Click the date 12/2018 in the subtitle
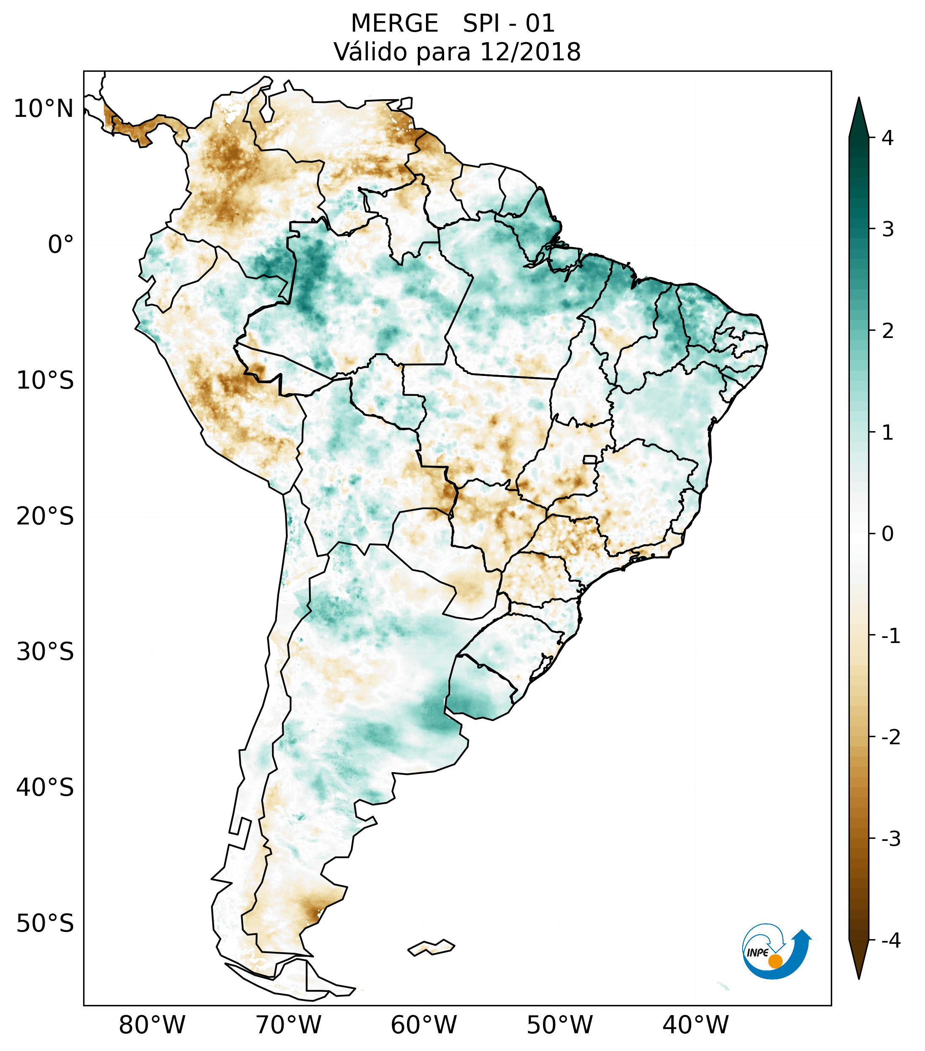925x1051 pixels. pyautogui.click(x=530, y=52)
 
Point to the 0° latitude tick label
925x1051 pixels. pyautogui.click(x=61, y=245)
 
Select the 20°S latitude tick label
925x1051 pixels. pyautogui.click(x=45, y=516)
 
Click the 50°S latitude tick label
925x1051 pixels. pyautogui.click(x=45, y=924)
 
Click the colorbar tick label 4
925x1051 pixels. pyautogui.click(x=887, y=138)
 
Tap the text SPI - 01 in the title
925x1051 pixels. pyautogui.click(x=508, y=24)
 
